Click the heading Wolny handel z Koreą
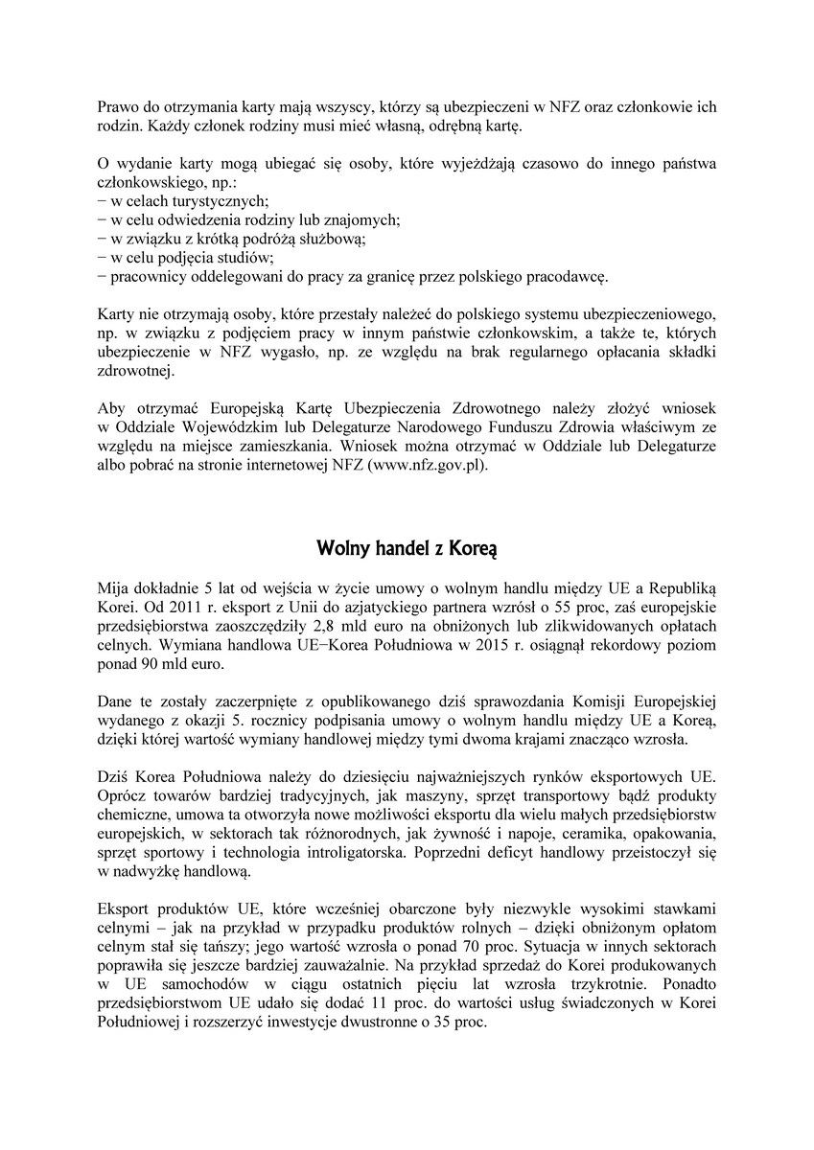click(407, 549)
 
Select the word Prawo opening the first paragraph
click(117, 108)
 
